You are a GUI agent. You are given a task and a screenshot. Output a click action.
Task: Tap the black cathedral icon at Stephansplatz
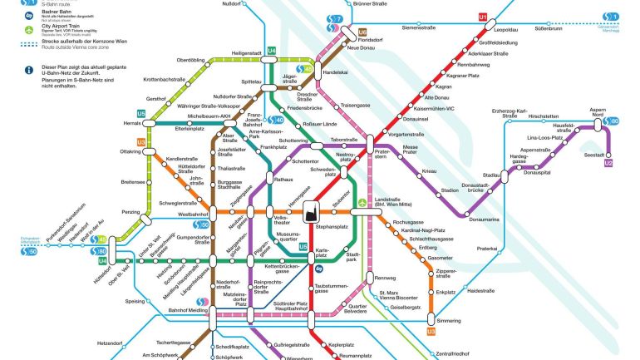coord(313,213)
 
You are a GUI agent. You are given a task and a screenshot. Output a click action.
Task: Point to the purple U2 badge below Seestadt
coord(608,164)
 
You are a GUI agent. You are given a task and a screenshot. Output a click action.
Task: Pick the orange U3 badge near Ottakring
coord(140,142)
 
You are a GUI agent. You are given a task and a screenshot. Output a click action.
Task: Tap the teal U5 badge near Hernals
coord(141,113)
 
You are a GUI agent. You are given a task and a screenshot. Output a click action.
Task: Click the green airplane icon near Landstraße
coord(362,202)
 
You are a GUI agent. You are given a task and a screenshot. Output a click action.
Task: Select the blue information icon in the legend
coord(28,71)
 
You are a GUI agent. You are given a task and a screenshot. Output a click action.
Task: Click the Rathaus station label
coord(284,180)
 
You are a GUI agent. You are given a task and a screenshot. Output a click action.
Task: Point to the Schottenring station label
coord(293,141)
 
